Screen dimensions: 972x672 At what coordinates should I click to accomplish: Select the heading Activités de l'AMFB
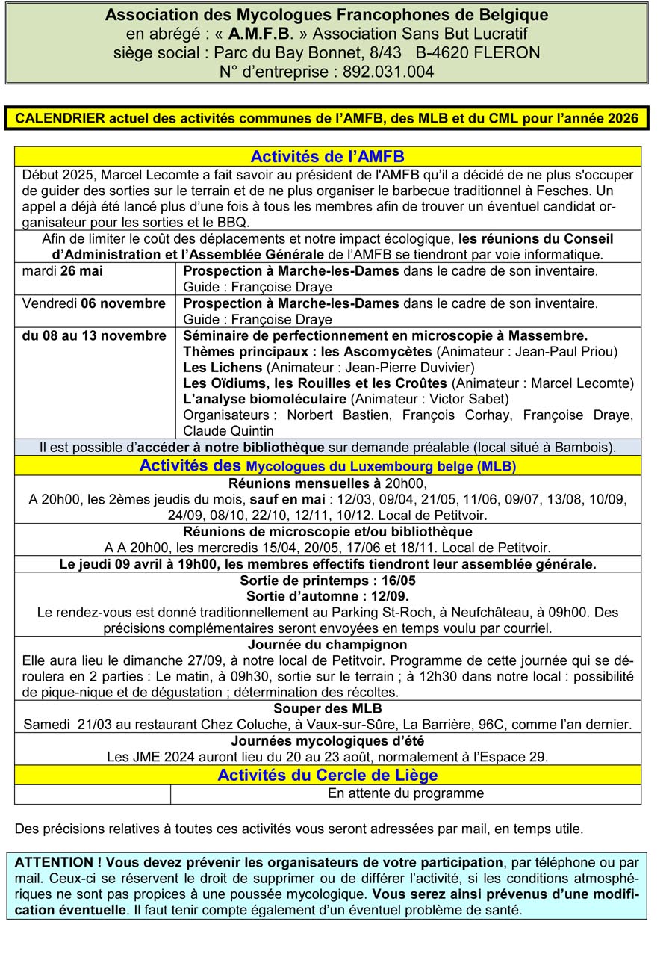[327, 156]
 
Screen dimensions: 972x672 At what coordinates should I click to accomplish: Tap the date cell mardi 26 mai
[63, 271]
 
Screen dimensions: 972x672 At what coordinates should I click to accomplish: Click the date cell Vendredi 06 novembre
[94, 303]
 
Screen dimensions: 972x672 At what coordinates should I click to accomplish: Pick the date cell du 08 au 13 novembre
[94, 335]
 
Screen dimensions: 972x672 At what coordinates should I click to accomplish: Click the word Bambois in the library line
[588, 448]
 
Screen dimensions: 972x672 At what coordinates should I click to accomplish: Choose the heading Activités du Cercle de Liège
[327, 775]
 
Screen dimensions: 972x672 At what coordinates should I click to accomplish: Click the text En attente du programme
[405, 793]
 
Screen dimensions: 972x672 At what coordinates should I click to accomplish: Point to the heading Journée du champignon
[327, 644]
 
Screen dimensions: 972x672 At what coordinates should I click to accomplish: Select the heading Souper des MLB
[327, 708]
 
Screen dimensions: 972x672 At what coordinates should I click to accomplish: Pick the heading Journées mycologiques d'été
[327, 741]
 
